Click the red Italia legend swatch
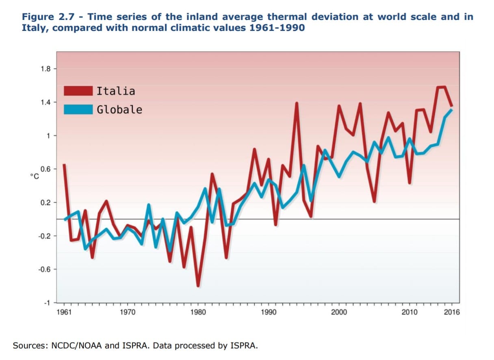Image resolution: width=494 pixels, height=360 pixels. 78,91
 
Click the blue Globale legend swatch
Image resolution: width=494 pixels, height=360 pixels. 78,109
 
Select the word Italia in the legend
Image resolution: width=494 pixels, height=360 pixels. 116,91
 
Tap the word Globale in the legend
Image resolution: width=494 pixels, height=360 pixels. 119,110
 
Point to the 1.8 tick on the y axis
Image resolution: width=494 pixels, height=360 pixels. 45,69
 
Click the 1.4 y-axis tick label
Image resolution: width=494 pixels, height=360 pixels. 45,102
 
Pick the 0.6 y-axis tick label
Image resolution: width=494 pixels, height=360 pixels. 45,169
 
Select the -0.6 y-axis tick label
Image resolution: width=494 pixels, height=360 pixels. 45,269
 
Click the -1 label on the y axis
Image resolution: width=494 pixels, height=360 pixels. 48,303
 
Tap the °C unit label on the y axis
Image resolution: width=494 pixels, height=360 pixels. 34,176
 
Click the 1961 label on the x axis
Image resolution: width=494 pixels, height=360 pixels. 64,312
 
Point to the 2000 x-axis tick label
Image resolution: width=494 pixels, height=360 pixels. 339,312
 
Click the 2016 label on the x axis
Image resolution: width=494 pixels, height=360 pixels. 452,312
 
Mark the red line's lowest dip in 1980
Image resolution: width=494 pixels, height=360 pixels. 198,286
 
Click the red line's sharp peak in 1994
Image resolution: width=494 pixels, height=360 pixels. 297,103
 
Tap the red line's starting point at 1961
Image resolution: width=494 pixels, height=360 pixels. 64,165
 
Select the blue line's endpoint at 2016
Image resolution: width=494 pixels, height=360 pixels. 452,110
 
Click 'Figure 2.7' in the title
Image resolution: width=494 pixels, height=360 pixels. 44,17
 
